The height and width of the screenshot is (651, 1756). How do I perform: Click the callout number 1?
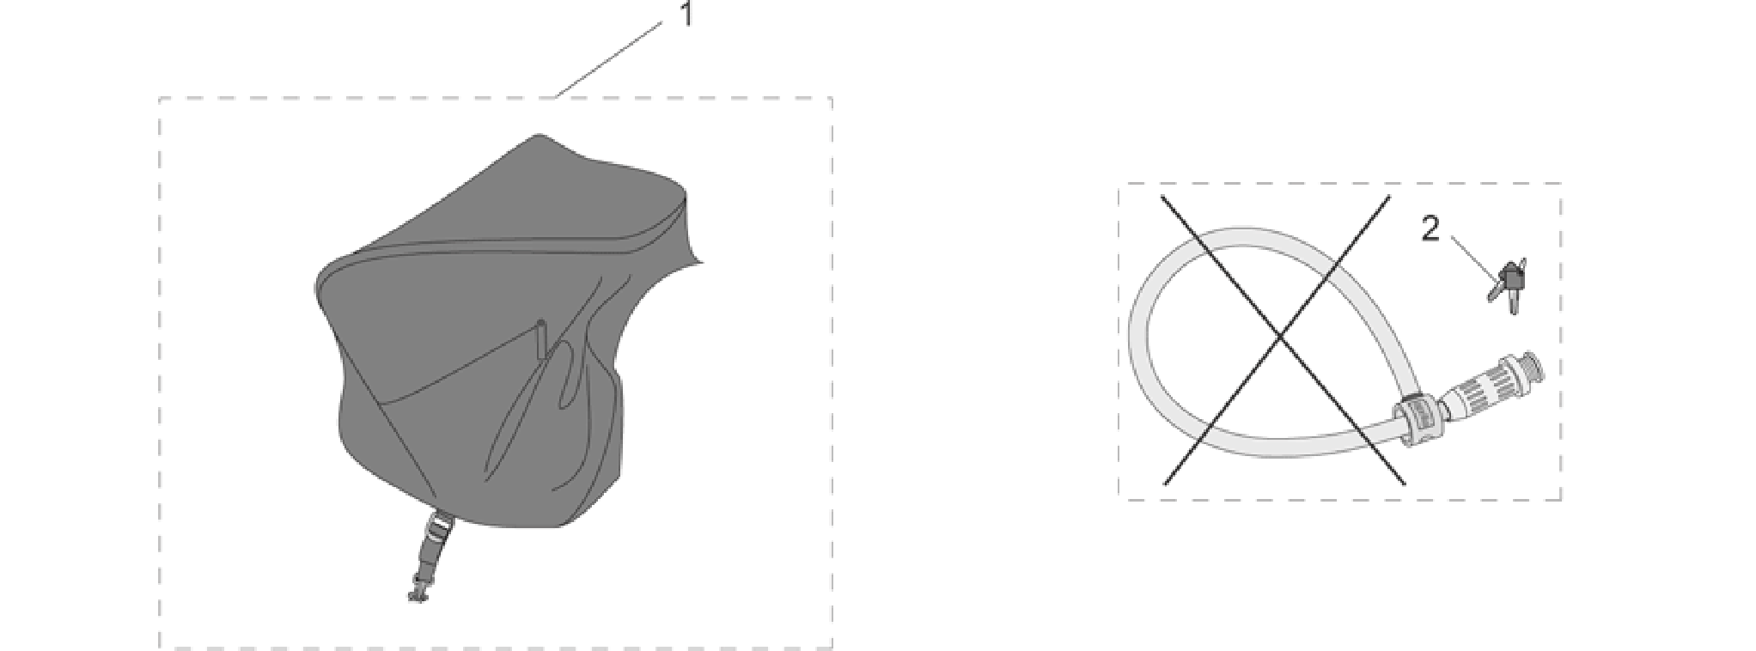[686, 14]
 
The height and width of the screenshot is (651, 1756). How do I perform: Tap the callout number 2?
[1430, 229]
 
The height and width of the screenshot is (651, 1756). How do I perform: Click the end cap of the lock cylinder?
[1532, 367]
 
